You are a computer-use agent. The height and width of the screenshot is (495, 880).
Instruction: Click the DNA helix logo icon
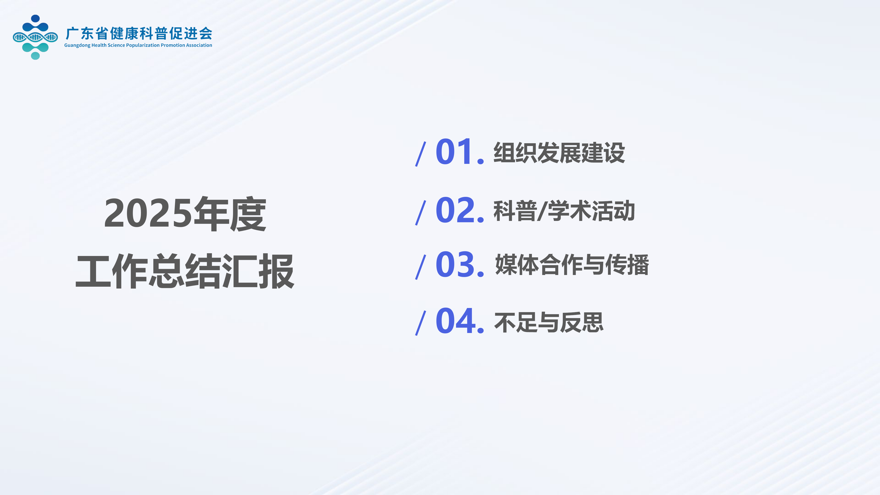click(35, 37)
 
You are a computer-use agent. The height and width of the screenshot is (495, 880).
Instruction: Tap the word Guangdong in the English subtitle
click(77, 45)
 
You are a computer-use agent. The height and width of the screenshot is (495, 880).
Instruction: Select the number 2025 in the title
click(148, 214)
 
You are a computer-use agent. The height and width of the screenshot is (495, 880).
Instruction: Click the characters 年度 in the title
click(230, 214)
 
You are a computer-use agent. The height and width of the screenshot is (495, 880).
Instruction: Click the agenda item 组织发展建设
click(559, 153)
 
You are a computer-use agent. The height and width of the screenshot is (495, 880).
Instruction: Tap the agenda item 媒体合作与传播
click(572, 265)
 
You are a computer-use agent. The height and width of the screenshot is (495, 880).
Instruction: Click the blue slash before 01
click(421, 154)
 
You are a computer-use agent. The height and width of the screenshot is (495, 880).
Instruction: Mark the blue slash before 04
click(421, 323)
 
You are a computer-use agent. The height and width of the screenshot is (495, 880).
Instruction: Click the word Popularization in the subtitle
click(143, 45)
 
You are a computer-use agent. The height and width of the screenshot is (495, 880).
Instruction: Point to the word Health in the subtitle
click(99, 45)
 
